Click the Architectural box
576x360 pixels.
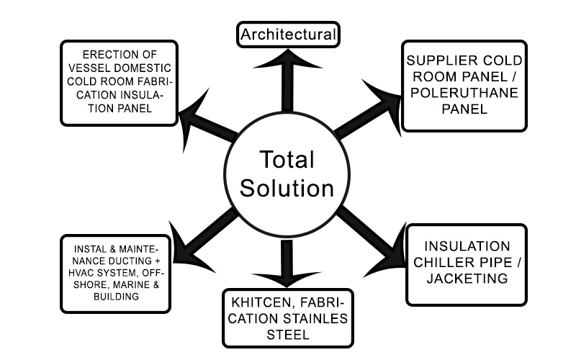(288, 34)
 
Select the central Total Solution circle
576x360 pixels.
(287, 174)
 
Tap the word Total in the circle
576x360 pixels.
(287, 159)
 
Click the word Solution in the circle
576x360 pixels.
(287, 189)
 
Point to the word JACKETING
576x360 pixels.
(467, 278)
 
